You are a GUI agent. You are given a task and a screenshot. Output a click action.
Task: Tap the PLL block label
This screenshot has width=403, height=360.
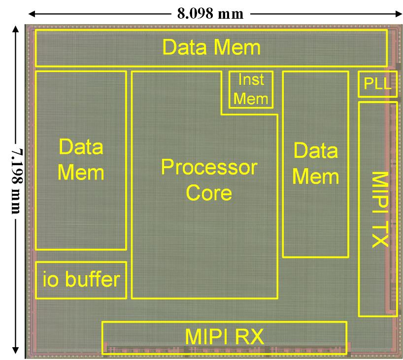(377, 85)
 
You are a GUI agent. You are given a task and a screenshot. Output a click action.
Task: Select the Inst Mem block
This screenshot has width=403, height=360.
(251, 90)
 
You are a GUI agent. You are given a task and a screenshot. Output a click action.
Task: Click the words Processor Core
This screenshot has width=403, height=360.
(209, 180)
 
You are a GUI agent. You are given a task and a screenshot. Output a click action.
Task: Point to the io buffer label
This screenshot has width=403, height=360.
(81, 280)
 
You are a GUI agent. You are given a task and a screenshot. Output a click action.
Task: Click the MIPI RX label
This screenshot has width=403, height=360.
(225, 337)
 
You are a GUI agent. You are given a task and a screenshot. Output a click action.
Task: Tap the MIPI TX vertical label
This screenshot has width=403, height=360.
(379, 209)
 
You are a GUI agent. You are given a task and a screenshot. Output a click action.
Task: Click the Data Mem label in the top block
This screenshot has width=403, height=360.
(211, 48)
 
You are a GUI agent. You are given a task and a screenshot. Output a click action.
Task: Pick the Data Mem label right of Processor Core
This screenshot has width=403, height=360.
(316, 163)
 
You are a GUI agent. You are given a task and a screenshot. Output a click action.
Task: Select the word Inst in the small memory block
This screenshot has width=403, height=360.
(251, 80)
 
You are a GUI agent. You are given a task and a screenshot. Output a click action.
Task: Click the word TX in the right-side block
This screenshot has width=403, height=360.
(379, 237)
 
